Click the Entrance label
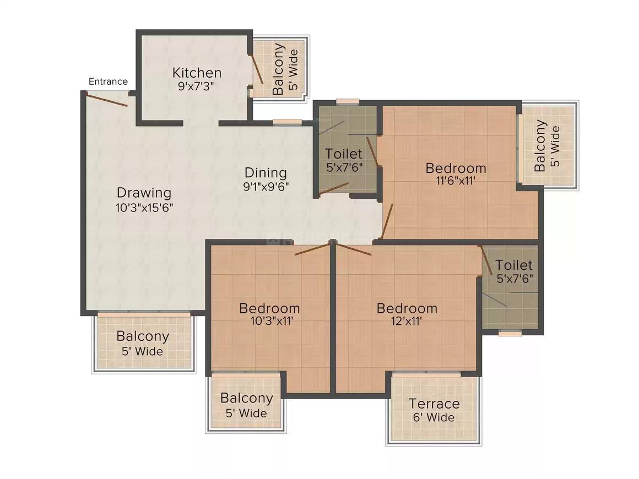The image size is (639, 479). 108,81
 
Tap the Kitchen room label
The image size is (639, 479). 197,73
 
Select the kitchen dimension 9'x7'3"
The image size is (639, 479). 196,86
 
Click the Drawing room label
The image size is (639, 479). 144,193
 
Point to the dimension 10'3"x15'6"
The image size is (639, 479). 145,208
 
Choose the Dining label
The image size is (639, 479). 266,173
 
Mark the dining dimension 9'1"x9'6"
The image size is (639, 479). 266,187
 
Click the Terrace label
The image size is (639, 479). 435,404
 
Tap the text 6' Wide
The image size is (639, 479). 434,417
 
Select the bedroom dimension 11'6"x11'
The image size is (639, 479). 456,181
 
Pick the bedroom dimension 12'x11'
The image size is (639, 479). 407,322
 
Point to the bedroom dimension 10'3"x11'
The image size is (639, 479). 272,322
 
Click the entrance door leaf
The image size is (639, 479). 106,100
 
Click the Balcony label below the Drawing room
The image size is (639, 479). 143,336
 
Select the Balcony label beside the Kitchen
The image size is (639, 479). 278,69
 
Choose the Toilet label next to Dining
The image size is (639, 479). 344,154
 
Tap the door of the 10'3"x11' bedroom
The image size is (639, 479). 312,249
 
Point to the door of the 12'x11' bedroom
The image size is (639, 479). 354,249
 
